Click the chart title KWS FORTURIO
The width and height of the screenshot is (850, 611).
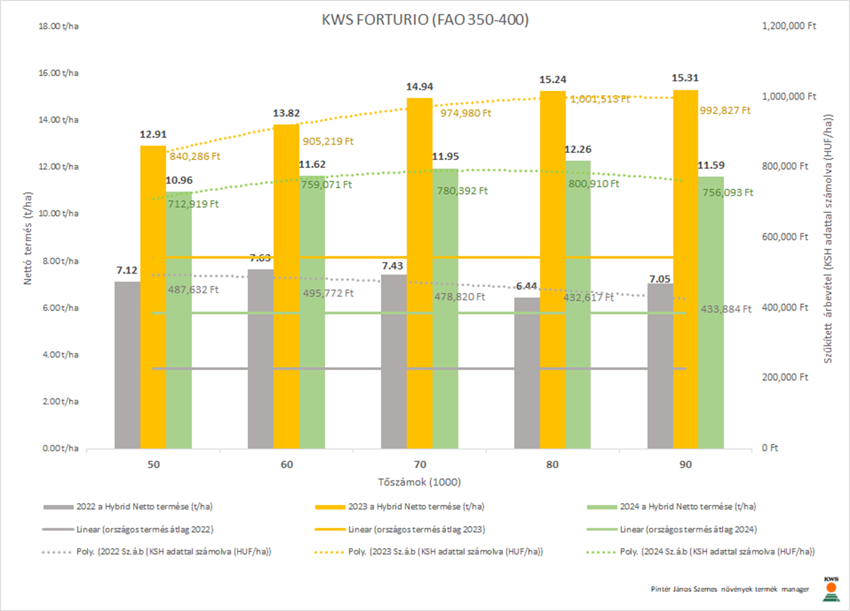coord(425,20)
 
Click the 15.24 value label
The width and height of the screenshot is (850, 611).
coord(553,80)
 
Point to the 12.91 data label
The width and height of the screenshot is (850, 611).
coord(153,135)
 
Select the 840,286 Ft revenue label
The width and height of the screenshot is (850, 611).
coord(195,157)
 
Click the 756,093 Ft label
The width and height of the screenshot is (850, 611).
coord(728,192)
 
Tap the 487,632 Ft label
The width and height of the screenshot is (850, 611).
coord(193,290)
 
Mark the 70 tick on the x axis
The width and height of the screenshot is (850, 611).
coord(420,464)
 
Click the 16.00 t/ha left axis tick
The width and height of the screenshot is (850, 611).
coord(58,73)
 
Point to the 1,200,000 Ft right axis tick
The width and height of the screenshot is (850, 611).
coord(789,26)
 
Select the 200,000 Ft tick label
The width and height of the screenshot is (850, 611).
coord(785,377)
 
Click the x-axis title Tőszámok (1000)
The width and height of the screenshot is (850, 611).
coord(419,482)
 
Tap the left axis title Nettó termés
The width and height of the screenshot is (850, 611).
coord(28,238)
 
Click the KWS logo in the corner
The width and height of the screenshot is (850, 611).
coord(831,588)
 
